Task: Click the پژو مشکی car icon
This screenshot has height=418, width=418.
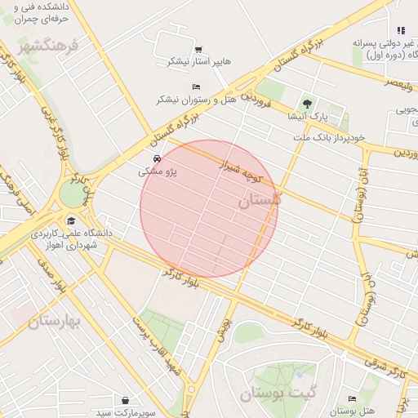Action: [x=156, y=158]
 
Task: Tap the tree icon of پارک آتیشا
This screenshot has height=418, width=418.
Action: [x=307, y=104]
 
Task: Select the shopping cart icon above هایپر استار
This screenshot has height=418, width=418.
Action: [x=199, y=49]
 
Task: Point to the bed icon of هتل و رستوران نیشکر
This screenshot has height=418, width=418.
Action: [x=195, y=87]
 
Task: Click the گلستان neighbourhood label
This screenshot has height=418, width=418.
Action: [x=260, y=199]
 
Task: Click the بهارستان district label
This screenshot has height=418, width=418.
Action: [x=55, y=321]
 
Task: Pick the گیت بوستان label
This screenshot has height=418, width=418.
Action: [x=278, y=394]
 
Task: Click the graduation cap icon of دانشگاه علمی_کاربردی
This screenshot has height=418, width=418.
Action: [x=71, y=221]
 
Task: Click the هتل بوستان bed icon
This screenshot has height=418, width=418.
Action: [x=352, y=398]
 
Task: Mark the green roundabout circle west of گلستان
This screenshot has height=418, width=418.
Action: [x=73, y=194]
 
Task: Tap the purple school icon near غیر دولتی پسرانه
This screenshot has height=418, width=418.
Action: [x=400, y=30]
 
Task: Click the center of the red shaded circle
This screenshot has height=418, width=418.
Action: [x=209, y=209]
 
